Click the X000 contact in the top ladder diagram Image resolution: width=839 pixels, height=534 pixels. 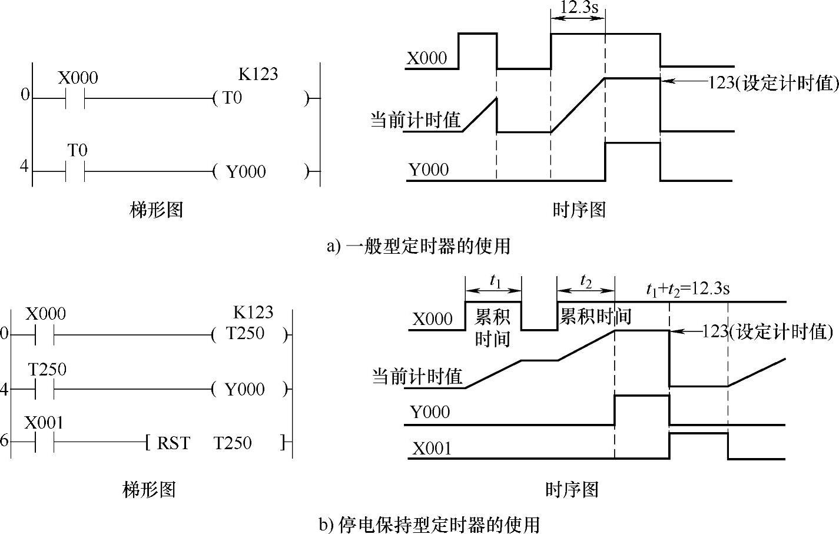[74, 98]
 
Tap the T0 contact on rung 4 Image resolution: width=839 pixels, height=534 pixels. [74, 172]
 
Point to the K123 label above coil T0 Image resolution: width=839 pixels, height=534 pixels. [258, 74]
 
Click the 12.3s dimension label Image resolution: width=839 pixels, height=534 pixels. [578, 9]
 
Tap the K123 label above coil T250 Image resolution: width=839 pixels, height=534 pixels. [253, 312]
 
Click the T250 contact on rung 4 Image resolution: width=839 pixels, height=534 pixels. [44, 389]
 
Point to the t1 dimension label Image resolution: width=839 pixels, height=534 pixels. [495, 281]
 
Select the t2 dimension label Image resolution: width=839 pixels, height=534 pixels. [585, 280]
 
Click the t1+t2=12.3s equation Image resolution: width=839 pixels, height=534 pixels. [688, 288]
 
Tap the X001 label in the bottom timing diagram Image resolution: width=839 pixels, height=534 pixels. [432, 449]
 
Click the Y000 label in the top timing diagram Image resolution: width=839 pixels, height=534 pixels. [429, 170]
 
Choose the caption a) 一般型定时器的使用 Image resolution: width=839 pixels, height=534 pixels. [419, 246]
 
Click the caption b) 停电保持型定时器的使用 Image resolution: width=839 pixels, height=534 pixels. [429, 523]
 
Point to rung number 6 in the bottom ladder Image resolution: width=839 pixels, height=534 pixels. [4, 440]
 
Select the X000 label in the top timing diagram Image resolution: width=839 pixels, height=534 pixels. [427, 58]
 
